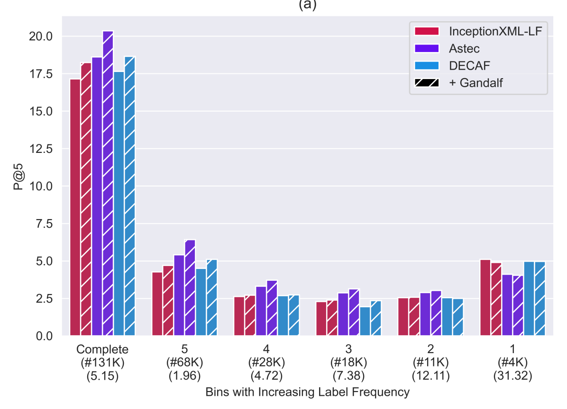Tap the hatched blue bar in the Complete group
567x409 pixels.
click(130, 196)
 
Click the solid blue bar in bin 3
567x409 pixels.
click(365, 321)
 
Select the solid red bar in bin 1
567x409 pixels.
click(485, 298)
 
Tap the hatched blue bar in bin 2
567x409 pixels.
click(458, 317)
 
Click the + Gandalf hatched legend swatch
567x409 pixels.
click(427, 82)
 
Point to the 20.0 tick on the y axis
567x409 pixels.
click(42, 36)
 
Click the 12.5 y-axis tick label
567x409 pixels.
click(42, 149)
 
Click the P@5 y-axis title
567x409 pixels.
click(18, 186)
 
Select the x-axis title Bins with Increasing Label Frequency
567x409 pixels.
click(307, 392)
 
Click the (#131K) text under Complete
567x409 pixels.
click(102, 363)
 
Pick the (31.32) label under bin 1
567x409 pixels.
click(512, 377)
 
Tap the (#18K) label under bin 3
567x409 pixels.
click(348, 363)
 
